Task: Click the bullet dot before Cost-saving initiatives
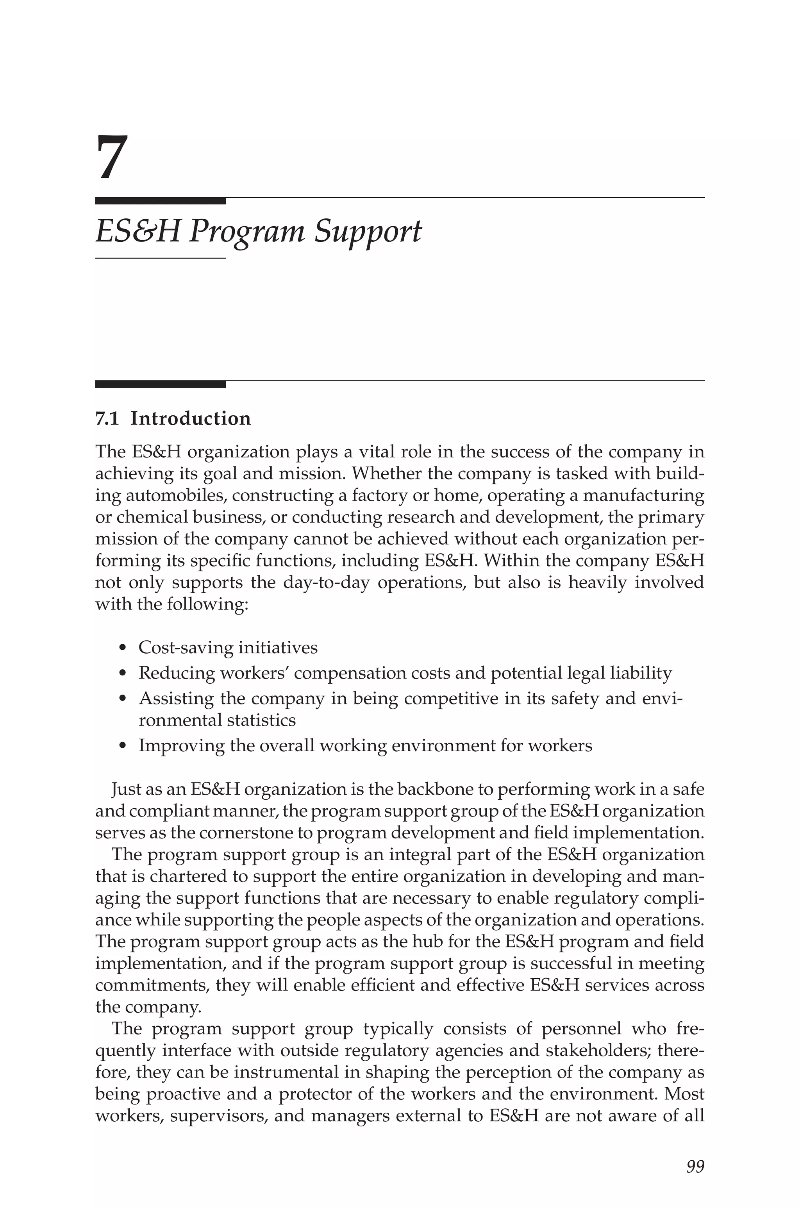pyautogui.click(x=121, y=649)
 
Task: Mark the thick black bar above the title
pyautogui.click(x=160, y=201)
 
